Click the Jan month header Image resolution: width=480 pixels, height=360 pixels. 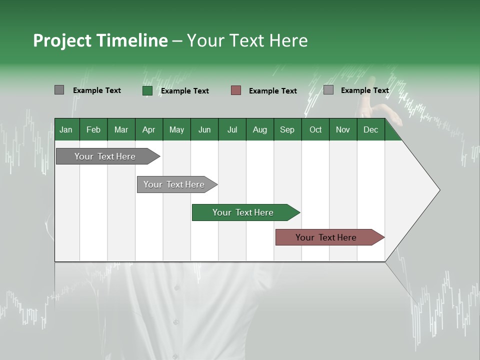(66, 129)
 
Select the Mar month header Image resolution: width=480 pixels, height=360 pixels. (121, 129)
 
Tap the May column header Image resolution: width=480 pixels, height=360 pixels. (176, 129)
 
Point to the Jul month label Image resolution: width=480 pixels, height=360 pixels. (232, 129)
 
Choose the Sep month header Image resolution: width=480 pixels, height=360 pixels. (287, 129)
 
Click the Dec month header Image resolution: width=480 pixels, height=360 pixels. (370, 129)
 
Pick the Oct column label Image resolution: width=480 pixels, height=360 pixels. (315, 129)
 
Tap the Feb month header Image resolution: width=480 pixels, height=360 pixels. (93, 129)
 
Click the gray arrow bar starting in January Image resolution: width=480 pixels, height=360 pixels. (105, 156)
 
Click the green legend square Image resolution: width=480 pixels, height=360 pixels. (147, 90)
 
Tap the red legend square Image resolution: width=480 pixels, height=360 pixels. (236, 90)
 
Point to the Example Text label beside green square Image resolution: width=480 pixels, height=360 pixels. (185, 91)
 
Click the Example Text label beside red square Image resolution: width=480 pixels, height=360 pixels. (273, 91)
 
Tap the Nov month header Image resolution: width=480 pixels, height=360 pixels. (343, 129)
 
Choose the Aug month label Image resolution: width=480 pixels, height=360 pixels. (259, 129)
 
